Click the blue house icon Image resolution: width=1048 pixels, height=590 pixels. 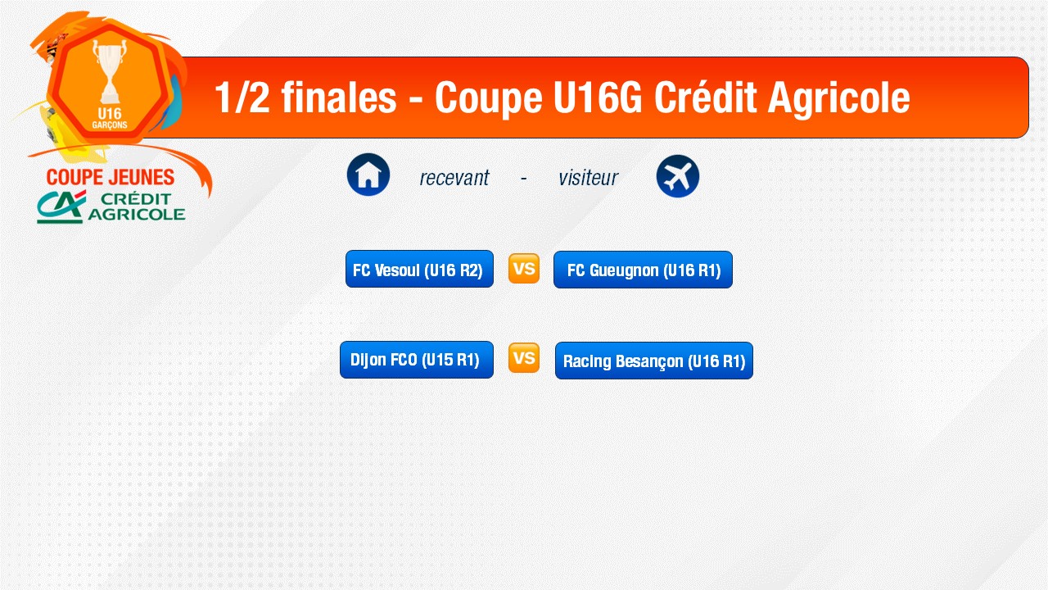[368, 175]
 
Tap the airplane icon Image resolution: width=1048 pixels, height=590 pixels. [677, 176]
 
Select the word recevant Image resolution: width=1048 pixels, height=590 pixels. [454, 178]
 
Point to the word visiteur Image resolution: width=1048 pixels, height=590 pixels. [588, 178]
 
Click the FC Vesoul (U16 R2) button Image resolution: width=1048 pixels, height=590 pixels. [419, 269]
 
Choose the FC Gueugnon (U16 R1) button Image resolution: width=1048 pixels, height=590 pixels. [643, 270]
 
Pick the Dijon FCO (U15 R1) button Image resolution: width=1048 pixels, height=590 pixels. [417, 360]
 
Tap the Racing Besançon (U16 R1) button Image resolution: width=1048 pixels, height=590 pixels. [654, 361]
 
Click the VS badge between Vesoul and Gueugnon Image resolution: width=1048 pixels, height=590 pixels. [524, 269]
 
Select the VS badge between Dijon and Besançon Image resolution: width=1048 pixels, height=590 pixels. [524, 358]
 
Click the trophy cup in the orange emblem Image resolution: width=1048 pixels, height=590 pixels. [110, 71]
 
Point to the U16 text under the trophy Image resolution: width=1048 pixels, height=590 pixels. [110, 113]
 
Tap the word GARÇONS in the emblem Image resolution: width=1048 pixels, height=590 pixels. [110, 125]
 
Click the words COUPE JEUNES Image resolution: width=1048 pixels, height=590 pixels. [111, 177]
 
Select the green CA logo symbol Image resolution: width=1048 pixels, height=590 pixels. [61, 206]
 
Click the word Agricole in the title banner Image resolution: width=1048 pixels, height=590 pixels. [839, 98]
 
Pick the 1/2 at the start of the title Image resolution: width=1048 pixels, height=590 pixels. [242, 98]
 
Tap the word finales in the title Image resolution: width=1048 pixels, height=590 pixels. [339, 98]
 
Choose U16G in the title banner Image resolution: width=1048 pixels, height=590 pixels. [598, 98]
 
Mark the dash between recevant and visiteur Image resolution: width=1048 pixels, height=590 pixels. [523, 178]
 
